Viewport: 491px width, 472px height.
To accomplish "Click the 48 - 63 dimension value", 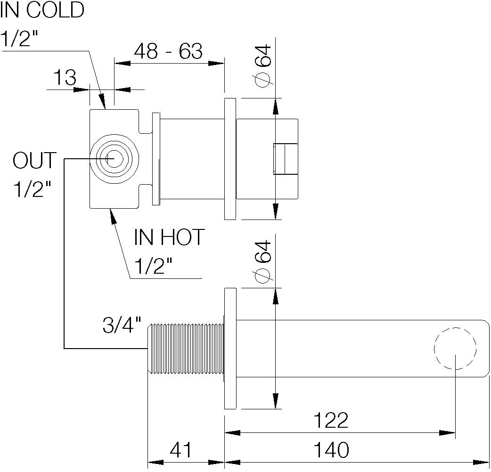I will click(168, 51).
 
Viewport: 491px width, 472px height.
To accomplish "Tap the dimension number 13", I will click(65, 78).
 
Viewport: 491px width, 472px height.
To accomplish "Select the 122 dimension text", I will click(331, 420).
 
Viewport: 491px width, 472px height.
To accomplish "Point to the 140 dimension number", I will click(331, 450).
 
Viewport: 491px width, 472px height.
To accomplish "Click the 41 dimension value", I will click(181, 450).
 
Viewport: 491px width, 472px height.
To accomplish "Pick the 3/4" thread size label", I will click(122, 326).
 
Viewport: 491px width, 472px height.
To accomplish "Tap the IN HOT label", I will click(170, 237).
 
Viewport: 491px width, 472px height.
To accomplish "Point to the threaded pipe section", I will click(186, 349).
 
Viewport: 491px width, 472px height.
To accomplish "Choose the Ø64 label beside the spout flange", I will click(263, 262).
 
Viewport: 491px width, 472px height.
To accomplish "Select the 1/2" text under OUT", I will click(32, 190).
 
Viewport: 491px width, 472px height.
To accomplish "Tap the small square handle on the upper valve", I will click(285, 159).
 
